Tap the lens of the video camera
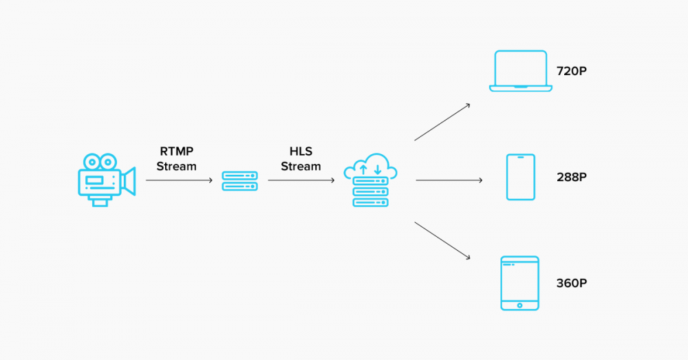129,180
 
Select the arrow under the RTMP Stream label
180,180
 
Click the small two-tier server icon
239,181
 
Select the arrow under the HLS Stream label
301,180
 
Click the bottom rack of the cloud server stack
371,202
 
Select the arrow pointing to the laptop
442,122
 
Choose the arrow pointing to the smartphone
449,180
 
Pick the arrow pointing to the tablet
442,240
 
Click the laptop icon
520,71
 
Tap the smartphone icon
520,177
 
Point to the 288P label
571,177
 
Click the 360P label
571,283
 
